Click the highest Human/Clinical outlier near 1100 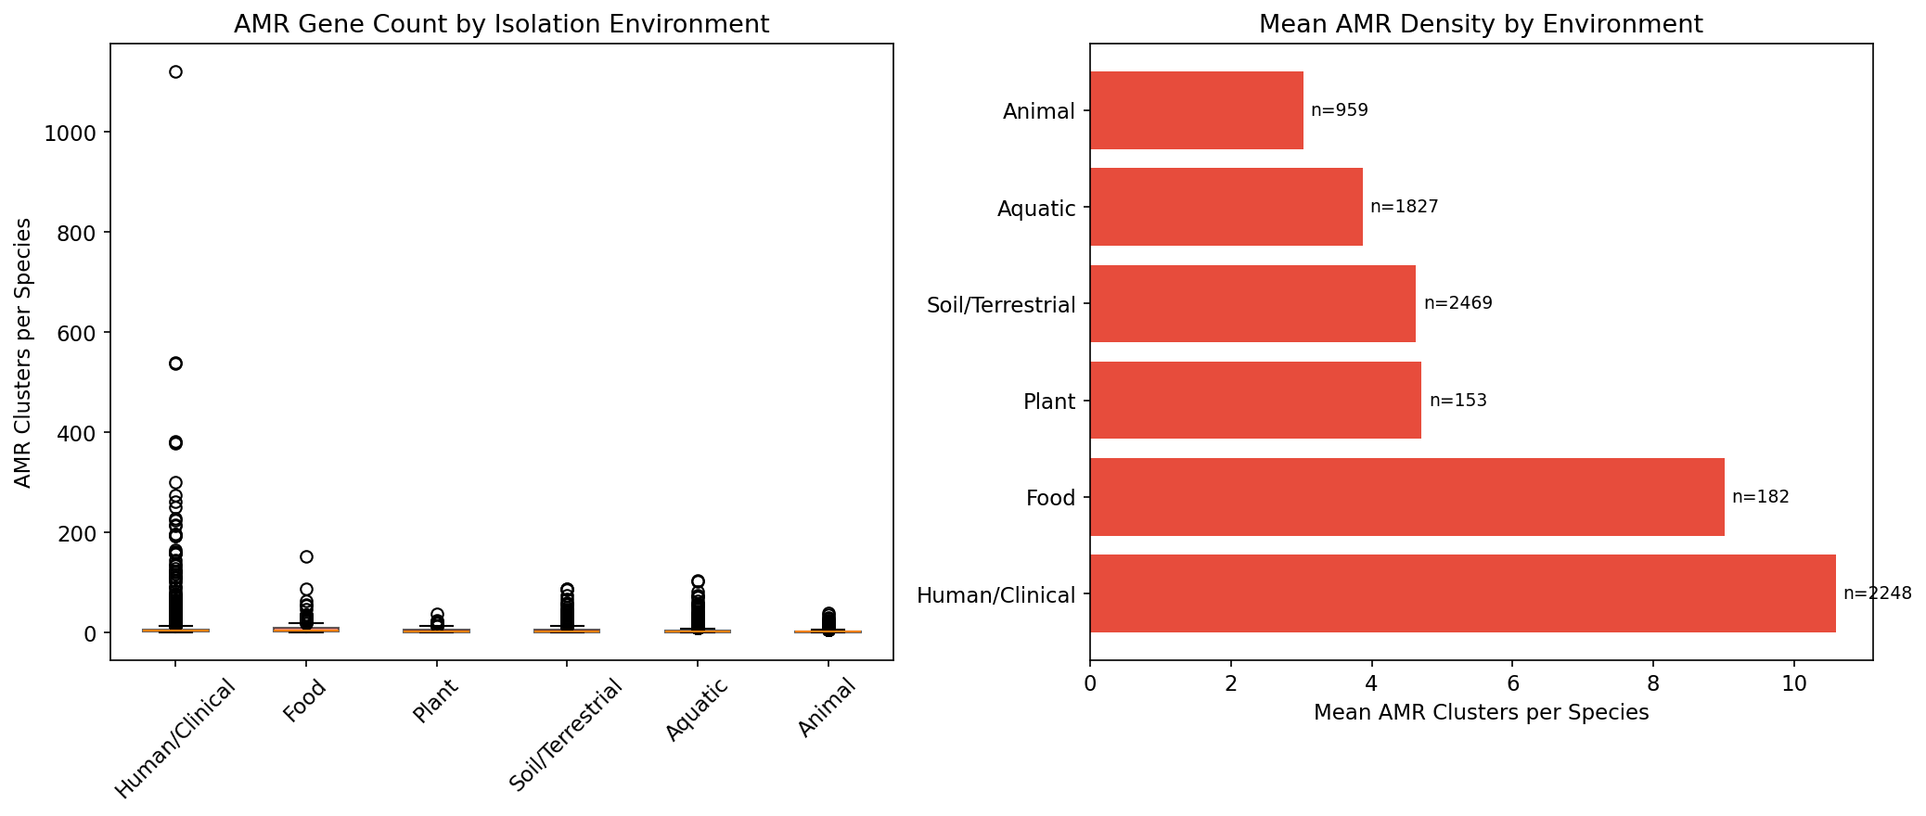tap(175, 72)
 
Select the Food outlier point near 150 tap(306, 557)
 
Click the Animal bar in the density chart tap(1196, 110)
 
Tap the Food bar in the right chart tap(1406, 497)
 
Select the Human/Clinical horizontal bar tap(1462, 593)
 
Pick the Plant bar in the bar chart tap(1255, 401)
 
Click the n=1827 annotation tap(1404, 207)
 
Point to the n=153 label tap(1457, 401)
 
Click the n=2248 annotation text tap(1877, 593)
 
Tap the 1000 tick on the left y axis tap(70, 133)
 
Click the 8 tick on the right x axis tap(1653, 684)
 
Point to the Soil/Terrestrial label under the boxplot tap(566, 735)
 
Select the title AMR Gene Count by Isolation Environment tap(501, 24)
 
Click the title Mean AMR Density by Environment tap(1481, 24)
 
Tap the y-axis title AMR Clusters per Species tap(24, 352)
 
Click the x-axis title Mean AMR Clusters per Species tap(1481, 712)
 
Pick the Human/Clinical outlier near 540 tap(175, 363)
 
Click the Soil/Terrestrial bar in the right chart tap(1252, 304)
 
